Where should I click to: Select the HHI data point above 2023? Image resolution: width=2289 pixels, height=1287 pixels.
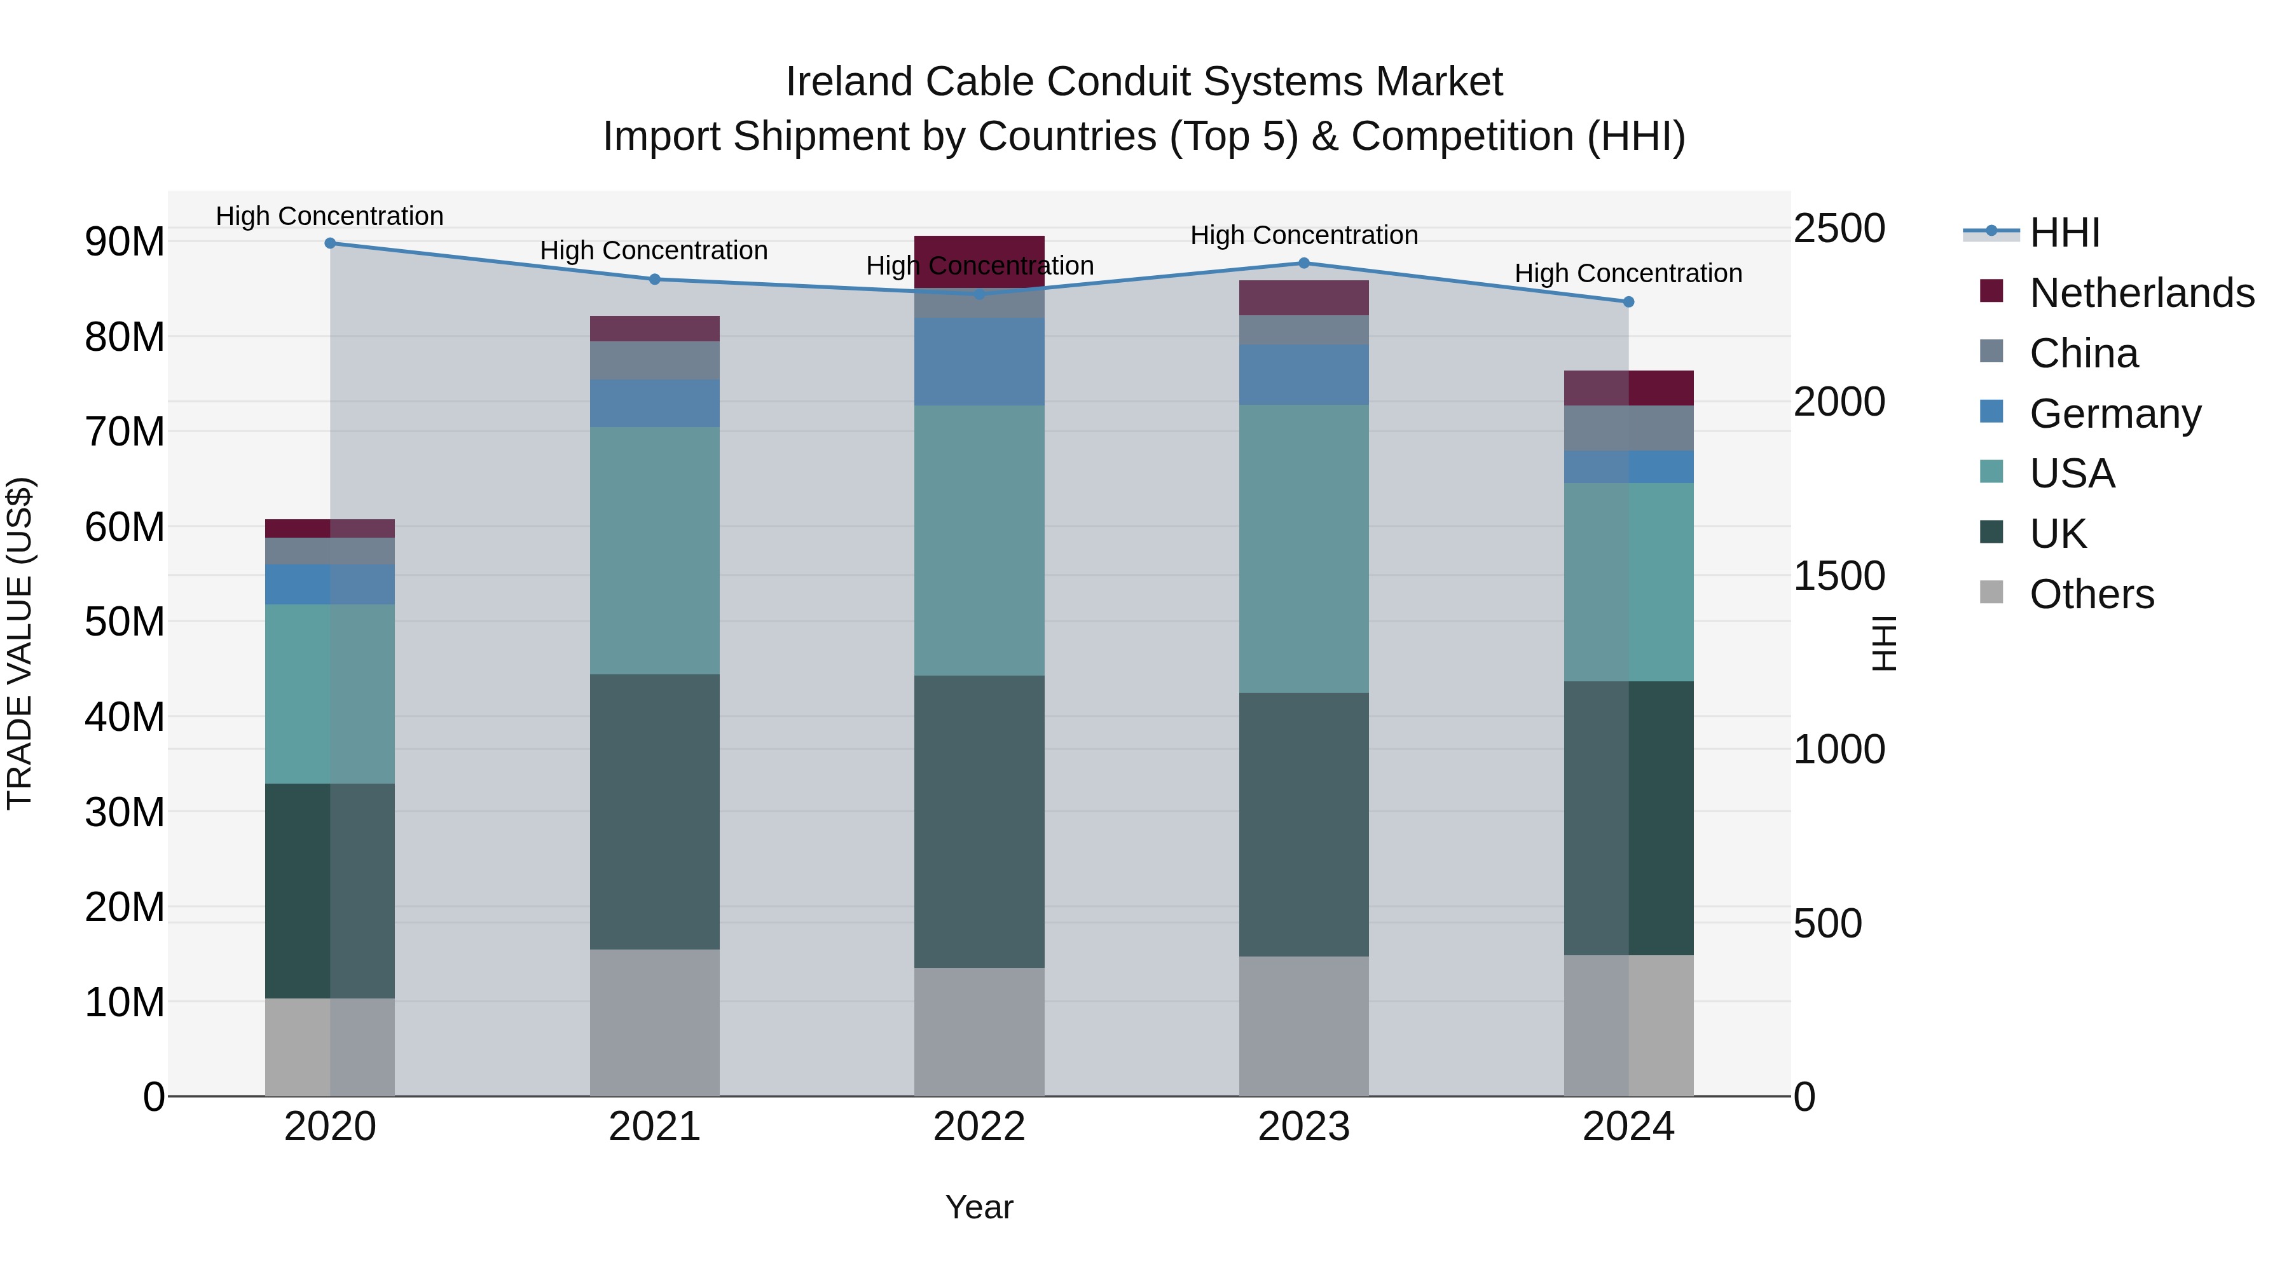tap(1303, 263)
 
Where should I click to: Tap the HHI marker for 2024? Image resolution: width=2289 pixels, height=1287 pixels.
tap(1628, 302)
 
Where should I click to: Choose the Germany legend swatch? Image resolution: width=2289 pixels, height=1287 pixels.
tap(1991, 412)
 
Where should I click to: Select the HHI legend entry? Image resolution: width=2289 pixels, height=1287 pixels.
tap(2064, 233)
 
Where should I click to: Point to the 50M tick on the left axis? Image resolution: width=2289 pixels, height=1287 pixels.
tap(125, 622)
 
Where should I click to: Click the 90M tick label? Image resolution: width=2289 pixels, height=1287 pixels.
tap(125, 242)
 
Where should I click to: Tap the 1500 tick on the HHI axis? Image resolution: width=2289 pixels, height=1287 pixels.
tap(1838, 576)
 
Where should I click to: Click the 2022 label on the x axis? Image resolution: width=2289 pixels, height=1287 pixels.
tap(979, 1127)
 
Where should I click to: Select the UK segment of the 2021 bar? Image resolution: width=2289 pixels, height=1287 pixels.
tap(654, 811)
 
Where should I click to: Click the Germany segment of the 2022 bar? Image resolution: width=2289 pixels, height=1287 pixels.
tap(979, 362)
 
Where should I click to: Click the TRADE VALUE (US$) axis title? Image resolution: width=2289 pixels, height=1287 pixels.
tap(20, 643)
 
